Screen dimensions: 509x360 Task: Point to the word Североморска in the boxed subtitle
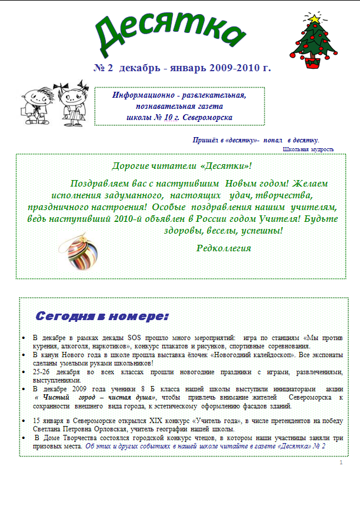click(x=208, y=118)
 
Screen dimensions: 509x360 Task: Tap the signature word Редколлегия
click(x=224, y=248)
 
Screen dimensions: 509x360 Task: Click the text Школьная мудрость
click(x=308, y=149)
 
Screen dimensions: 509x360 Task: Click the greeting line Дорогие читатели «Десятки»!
click(x=182, y=166)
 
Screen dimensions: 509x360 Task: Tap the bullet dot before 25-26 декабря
click(x=22, y=372)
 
